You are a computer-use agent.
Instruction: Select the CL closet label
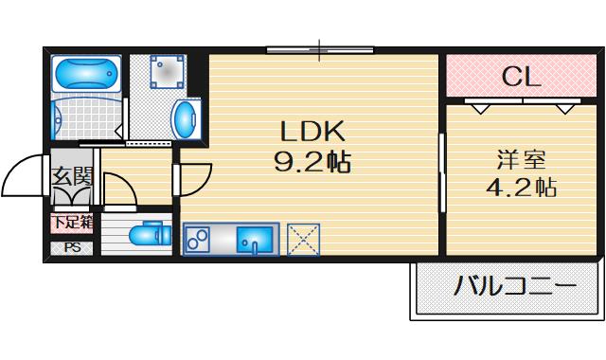coord(521,76)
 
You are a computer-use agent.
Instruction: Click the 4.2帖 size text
coord(521,187)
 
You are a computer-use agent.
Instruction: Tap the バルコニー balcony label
coord(512,285)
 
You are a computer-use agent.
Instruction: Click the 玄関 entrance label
coord(71,176)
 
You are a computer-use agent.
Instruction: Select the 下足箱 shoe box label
coord(72,224)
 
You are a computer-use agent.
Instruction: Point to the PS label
coord(72,248)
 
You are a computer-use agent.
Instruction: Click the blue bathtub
coord(85,73)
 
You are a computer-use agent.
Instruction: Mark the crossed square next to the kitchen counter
coord(304,239)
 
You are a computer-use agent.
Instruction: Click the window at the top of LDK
coord(321,49)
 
